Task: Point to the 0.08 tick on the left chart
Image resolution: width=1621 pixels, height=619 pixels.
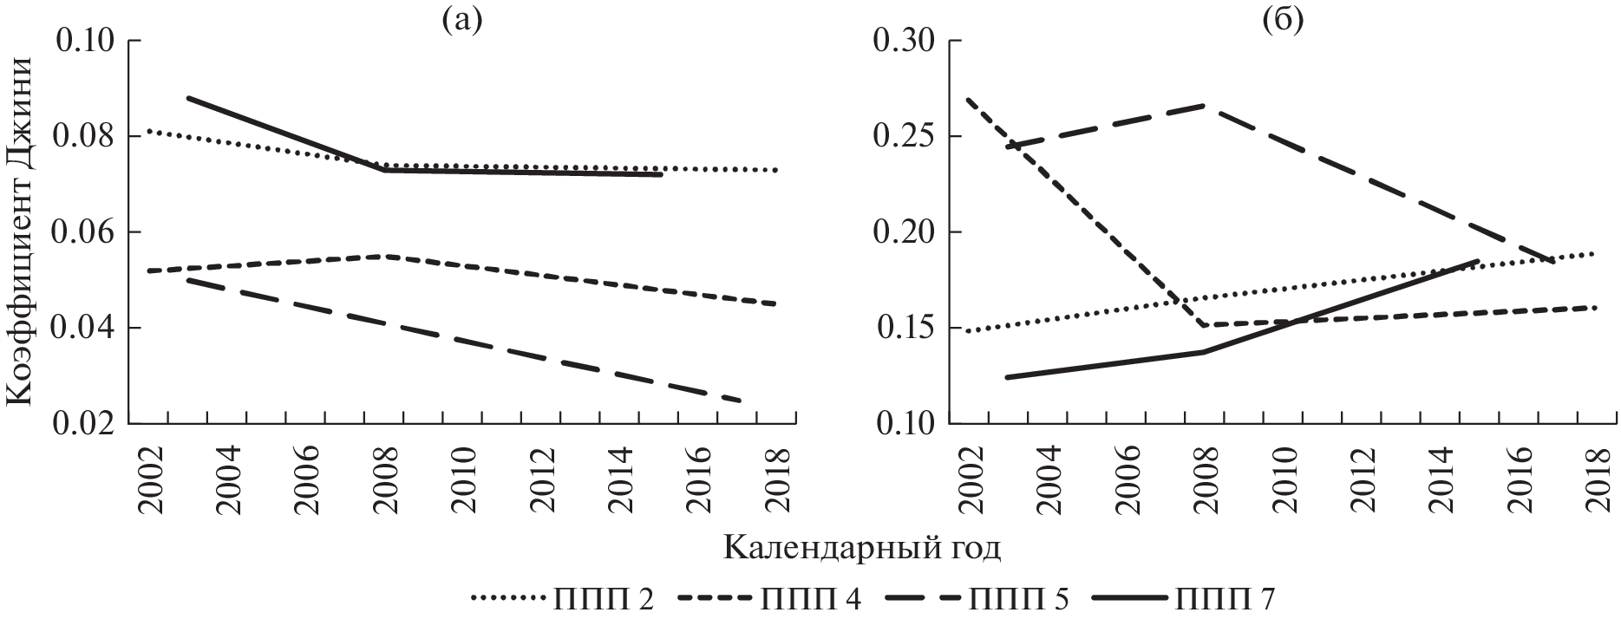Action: (x=87, y=137)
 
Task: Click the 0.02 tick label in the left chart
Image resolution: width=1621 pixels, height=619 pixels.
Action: (x=87, y=424)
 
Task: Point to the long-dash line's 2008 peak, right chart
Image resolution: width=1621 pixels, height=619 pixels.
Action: (x=1205, y=106)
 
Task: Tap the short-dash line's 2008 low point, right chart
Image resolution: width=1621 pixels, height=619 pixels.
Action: (x=1205, y=325)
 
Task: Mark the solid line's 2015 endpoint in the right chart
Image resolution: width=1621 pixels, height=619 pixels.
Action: (x=1478, y=260)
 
